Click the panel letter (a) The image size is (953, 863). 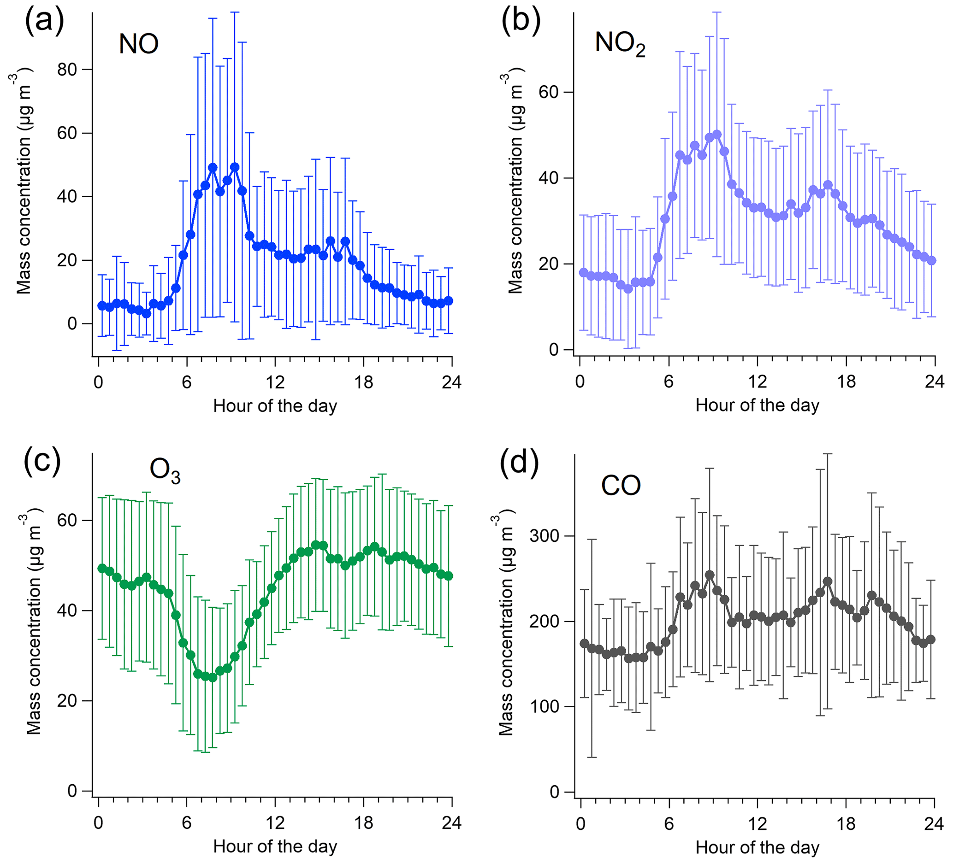(x=44, y=22)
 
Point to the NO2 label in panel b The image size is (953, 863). (x=620, y=44)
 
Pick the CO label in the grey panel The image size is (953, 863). (x=621, y=486)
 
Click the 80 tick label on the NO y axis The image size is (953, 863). (x=67, y=70)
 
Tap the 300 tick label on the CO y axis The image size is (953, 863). (x=544, y=536)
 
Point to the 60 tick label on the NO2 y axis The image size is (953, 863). (x=549, y=92)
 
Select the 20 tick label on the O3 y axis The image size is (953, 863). (x=67, y=700)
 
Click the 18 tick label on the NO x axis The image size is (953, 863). (x=363, y=382)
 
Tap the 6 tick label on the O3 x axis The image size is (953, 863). (x=187, y=823)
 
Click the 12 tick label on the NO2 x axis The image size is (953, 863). (x=758, y=382)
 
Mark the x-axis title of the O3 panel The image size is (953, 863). (x=275, y=846)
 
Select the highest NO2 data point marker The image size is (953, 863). (x=716, y=135)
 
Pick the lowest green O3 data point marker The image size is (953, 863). (x=212, y=677)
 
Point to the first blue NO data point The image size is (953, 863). (x=101, y=306)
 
